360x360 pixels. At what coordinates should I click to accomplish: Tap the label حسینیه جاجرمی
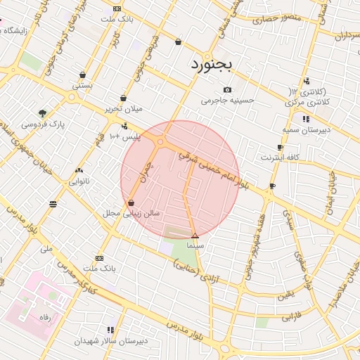tap(226, 101)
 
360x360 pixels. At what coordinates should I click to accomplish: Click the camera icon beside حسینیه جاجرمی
tap(226, 90)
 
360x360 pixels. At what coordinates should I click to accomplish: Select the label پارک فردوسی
tap(41, 124)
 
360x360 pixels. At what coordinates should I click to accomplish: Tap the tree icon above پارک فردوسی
tap(43, 112)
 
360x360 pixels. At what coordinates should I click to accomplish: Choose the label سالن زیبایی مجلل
tap(131, 212)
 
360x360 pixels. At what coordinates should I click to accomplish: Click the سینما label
tap(195, 247)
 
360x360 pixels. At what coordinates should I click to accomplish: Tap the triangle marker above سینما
tap(195, 236)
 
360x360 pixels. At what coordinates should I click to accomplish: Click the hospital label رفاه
tap(45, 317)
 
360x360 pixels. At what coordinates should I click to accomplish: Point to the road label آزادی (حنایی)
tap(191, 271)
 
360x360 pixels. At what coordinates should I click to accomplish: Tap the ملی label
tap(47, 249)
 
